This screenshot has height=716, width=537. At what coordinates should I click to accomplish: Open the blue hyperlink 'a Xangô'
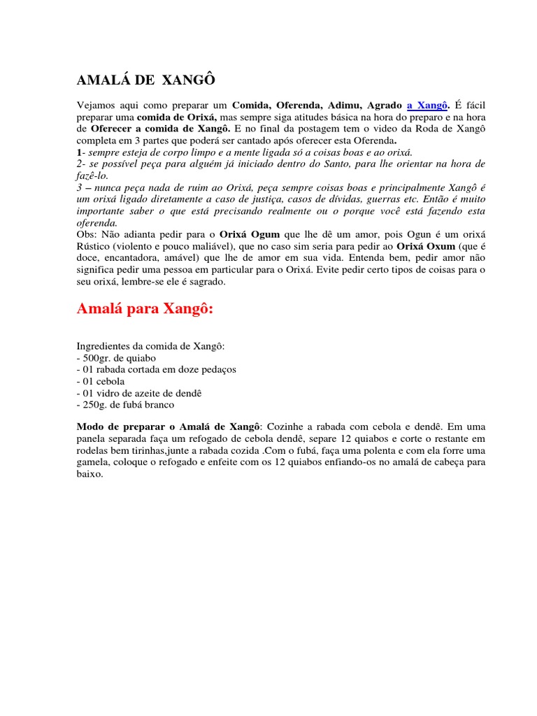point(427,106)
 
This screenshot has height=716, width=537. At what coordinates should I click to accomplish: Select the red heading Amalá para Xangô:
point(144,310)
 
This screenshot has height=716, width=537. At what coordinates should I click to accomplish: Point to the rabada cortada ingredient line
point(156,370)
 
